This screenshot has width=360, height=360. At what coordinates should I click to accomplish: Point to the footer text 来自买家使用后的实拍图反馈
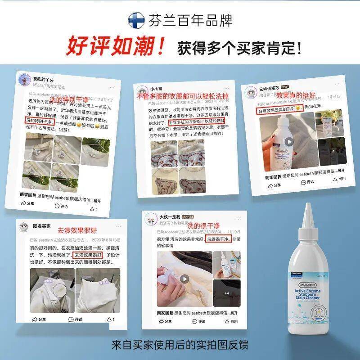(x=180, y=345)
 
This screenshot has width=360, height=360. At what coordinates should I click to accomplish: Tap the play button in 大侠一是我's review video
(x=184, y=279)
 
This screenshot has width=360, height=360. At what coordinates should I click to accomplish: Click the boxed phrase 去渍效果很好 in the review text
(x=88, y=255)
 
